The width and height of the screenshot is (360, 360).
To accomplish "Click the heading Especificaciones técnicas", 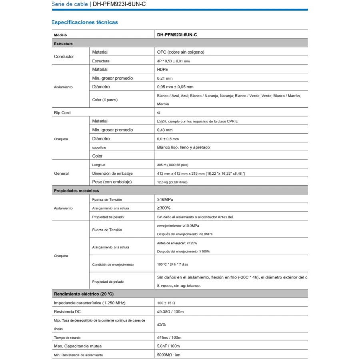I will coord(85,22).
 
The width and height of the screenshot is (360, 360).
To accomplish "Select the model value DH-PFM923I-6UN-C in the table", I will coord(177,35).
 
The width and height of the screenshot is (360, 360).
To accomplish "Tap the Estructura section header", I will coord(63,44).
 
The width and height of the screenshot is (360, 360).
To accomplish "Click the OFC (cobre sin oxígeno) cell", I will coord(181,52).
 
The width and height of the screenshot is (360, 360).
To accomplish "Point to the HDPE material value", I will coord(163,70).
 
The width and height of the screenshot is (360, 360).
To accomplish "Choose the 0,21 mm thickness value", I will coord(165,78).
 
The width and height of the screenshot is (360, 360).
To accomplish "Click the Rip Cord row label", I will coord(62,113).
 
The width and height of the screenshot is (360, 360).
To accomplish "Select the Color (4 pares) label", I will coord(105,100).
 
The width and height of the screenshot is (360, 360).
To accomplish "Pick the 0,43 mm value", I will coord(165,130).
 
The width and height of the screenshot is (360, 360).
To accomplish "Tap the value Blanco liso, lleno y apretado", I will coord(184,147).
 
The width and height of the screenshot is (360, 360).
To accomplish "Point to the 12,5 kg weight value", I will coord(172,182).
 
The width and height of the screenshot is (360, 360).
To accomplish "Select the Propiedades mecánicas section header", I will coord(76,191).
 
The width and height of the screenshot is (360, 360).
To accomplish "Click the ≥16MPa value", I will coord(165,199).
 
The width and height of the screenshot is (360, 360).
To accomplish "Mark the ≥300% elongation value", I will coord(164,208).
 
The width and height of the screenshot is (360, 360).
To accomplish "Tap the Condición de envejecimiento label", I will coord(113,265).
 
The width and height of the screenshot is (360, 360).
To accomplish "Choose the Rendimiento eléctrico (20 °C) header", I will coord(84,294).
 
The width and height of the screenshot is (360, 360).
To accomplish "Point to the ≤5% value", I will coord(162,324).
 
